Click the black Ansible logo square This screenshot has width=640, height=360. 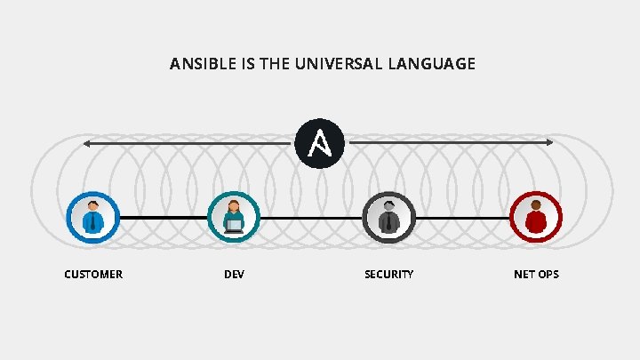pyautogui.click(x=320, y=143)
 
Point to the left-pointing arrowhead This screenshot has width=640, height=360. pyautogui.click(x=87, y=143)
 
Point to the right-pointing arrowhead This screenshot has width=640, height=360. pyautogui.click(x=548, y=142)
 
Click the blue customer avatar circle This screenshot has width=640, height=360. pyautogui.click(x=93, y=217)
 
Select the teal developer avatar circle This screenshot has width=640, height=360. pyautogui.click(x=234, y=217)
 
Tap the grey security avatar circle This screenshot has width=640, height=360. pyautogui.click(x=388, y=217)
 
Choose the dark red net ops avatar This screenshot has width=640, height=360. pyautogui.click(x=536, y=217)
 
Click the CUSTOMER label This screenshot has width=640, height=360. pyautogui.click(x=93, y=275)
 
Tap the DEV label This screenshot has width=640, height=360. pyautogui.click(x=234, y=275)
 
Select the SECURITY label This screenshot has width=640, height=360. pyautogui.click(x=388, y=275)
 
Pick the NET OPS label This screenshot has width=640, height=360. pyautogui.click(x=536, y=275)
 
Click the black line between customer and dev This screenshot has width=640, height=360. pyautogui.click(x=164, y=217)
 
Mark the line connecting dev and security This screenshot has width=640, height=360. pyautogui.click(x=311, y=218)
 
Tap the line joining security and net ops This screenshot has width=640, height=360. pyautogui.click(x=462, y=218)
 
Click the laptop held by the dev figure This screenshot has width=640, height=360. pyautogui.click(x=234, y=226)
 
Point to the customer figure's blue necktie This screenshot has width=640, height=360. pyautogui.click(x=93, y=222)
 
